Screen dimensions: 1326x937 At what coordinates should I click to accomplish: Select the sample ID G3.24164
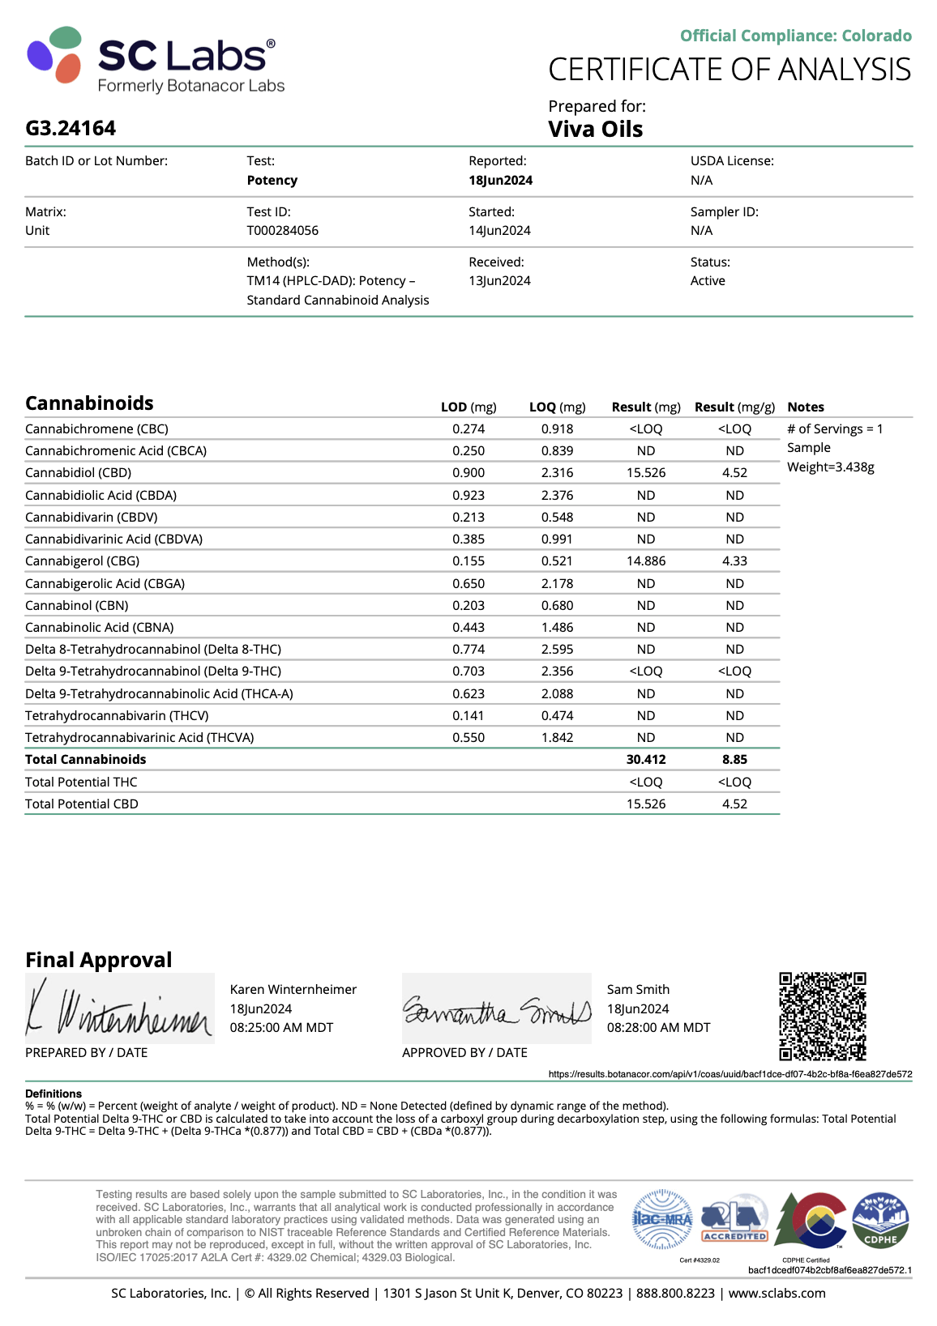click(71, 129)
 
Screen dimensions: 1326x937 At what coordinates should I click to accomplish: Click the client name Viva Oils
click(595, 130)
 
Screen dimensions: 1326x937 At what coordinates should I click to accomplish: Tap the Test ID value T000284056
click(282, 231)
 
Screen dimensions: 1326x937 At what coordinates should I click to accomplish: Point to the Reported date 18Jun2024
click(500, 181)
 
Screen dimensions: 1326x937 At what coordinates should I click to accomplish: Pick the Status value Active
click(708, 281)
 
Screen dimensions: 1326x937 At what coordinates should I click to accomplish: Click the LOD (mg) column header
click(468, 407)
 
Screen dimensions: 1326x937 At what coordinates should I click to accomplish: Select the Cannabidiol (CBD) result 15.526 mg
click(646, 473)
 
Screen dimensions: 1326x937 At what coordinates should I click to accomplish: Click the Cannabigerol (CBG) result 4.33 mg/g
click(734, 561)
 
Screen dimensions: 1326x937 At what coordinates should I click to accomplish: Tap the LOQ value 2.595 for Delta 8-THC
click(557, 650)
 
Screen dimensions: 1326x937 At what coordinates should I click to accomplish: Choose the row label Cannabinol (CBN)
click(76, 606)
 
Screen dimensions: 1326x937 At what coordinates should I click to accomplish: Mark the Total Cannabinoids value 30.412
click(646, 760)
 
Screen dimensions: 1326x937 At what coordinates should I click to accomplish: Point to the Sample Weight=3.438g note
click(830, 458)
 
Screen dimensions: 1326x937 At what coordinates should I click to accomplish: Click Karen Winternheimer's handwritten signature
click(119, 1010)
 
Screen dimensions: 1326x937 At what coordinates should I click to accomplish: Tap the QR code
click(822, 1017)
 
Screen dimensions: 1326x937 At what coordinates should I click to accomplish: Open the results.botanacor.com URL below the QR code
click(729, 1074)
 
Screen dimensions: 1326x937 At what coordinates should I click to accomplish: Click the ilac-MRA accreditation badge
click(661, 1219)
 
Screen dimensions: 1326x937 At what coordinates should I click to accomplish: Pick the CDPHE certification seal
click(880, 1220)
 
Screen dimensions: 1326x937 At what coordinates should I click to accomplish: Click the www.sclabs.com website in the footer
click(777, 1294)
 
